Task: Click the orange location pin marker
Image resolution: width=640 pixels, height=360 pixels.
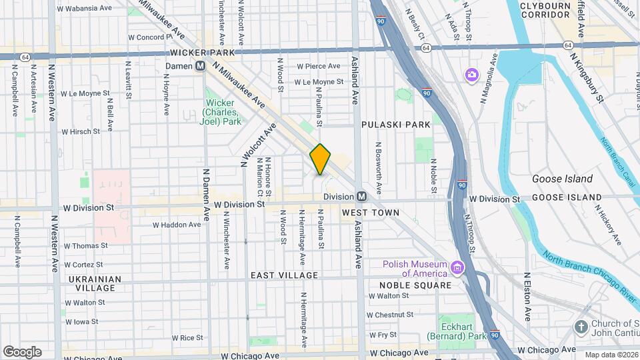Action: pos(320,159)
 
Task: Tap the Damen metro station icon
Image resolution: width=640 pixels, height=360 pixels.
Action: pos(200,66)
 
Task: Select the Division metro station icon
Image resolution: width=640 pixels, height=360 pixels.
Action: pos(361,197)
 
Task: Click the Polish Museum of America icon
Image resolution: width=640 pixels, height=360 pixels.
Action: pos(458,269)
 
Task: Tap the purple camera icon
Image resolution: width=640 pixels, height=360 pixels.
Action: pos(472,75)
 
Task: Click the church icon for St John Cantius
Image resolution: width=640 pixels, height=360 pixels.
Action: pos(581,328)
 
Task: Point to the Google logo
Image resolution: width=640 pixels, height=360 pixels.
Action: pos(22,351)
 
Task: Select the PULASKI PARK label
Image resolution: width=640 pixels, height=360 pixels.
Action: pos(396,125)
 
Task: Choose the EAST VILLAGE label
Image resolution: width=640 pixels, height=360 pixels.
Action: pos(284,275)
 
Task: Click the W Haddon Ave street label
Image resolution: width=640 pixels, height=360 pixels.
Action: pos(177,225)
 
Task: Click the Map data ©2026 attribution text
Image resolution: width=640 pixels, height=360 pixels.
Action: pos(611,355)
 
